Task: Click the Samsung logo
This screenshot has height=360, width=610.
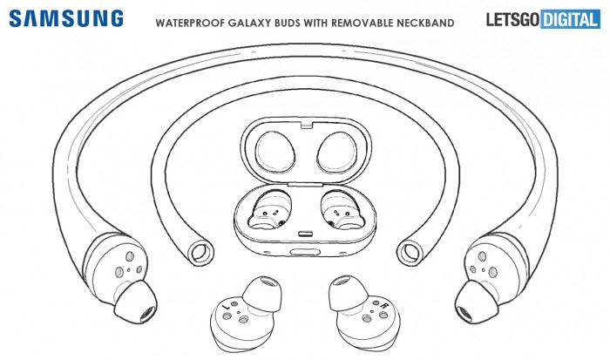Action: [66, 18]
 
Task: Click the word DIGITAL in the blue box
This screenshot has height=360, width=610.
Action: [570, 19]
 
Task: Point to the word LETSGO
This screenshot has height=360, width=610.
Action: [512, 19]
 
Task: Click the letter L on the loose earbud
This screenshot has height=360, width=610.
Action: [226, 308]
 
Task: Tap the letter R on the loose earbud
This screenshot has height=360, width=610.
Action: [384, 305]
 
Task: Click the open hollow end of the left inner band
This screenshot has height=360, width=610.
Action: [201, 253]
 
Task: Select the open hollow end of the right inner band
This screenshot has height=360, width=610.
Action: [410, 253]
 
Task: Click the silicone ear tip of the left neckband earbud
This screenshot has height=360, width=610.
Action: [136, 302]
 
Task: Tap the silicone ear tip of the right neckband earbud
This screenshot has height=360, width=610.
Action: [477, 302]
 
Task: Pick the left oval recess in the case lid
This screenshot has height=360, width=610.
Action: [274, 152]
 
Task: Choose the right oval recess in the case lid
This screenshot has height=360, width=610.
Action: [337, 152]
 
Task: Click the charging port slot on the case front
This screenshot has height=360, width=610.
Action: [305, 252]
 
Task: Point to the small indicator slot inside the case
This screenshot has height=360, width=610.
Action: [305, 234]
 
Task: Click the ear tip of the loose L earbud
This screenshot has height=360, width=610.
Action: [261, 294]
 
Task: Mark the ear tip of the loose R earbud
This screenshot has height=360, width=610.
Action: [348, 293]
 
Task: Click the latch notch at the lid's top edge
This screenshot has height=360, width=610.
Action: [307, 125]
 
